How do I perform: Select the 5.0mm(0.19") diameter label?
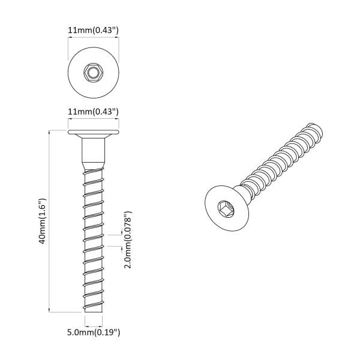(x=93, y=331)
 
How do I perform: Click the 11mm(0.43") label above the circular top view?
(x=93, y=28)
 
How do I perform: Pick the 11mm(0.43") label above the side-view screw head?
(x=93, y=112)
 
